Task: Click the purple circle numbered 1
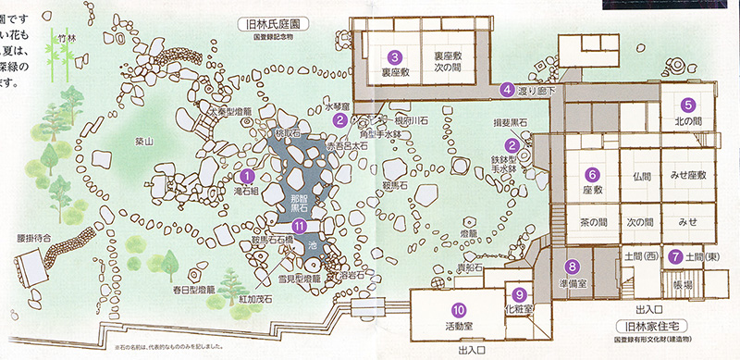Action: point(246,175)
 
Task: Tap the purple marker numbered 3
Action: point(394,56)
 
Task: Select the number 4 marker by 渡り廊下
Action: point(507,90)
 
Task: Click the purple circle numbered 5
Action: point(688,105)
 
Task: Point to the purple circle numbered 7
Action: point(676,255)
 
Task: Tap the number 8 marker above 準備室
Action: point(573,267)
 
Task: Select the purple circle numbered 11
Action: point(299,226)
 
